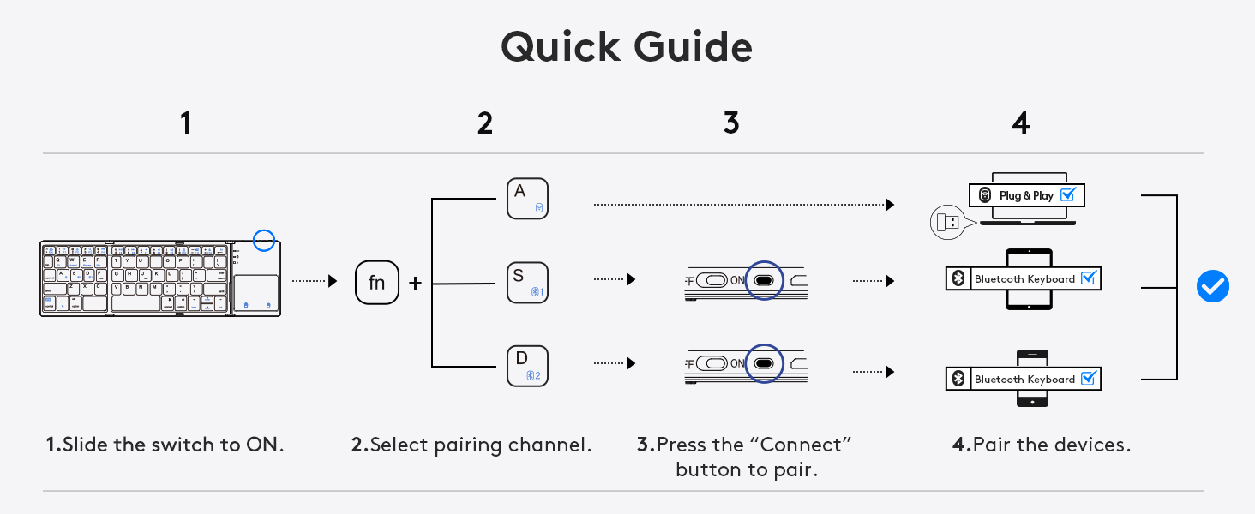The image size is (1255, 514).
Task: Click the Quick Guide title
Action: click(x=627, y=47)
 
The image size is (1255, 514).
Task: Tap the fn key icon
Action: click(x=377, y=282)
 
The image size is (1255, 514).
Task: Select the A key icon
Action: click(x=527, y=199)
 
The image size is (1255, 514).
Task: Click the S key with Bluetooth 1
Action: click(x=527, y=283)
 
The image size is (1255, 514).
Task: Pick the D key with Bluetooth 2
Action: click(x=527, y=366)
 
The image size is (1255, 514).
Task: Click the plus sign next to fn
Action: click(x=416, y=283)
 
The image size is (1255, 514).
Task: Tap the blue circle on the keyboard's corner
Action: click(x=264, y=241)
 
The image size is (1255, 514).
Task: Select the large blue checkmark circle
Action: click(x=1212, y=287)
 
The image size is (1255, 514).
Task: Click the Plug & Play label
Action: click(x=1026, y=195)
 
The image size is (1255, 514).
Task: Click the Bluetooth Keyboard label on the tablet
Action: click(x=1024, y=278)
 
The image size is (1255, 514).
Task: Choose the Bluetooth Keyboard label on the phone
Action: click(x=1024, y=379)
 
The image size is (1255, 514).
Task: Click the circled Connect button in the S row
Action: click(x=764, y=280)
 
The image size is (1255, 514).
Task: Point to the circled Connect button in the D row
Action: click(x=764, y=363)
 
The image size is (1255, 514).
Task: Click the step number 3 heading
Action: click(x=730, y=123)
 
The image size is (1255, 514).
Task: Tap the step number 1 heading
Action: click(x=185, y=123)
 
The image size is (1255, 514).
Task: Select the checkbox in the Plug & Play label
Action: click(x=1067, y=195)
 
